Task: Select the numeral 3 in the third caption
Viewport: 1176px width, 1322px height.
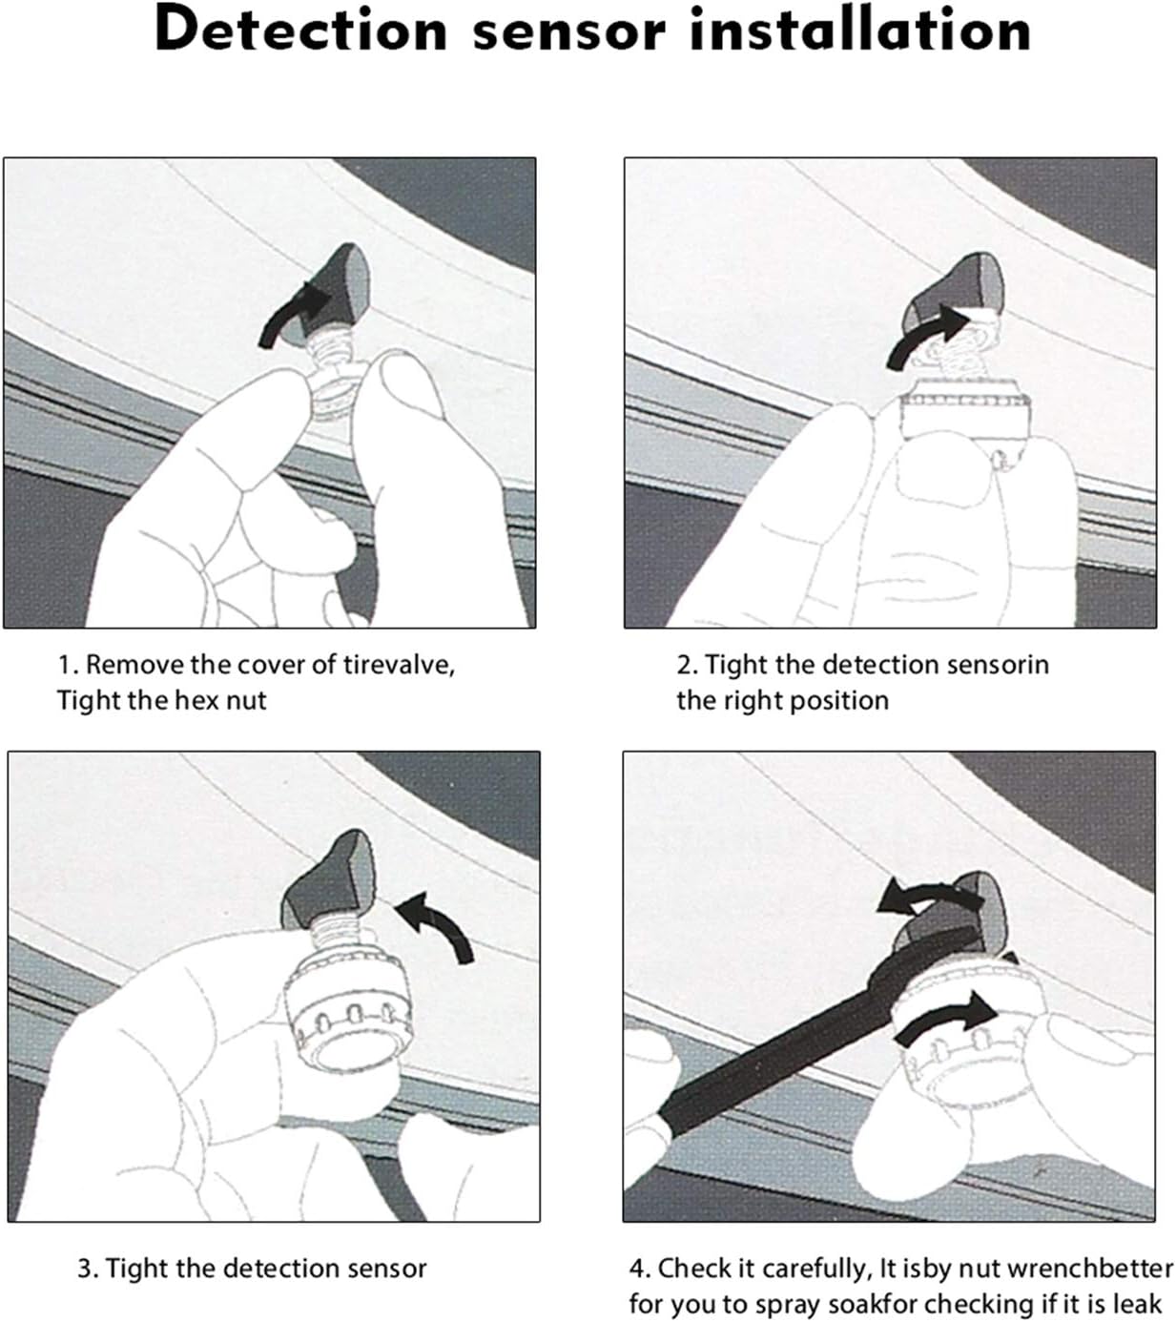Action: pyautogui.click(x=85, y=1269)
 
